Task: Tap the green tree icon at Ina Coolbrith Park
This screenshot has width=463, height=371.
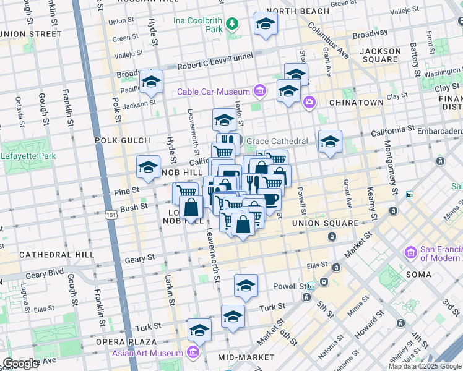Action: coord(231,24)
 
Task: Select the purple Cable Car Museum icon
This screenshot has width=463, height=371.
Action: coord(259,92)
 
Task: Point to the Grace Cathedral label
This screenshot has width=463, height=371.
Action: coord(277,141)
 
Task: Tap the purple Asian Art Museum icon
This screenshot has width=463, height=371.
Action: coord(193,353)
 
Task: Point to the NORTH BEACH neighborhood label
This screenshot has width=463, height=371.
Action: coord(295,12)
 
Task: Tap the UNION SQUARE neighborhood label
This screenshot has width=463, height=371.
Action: coord(325,223)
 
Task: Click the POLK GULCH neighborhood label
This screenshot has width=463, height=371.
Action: coord(119,140)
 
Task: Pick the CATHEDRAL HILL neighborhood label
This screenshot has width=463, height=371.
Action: coord(56,254)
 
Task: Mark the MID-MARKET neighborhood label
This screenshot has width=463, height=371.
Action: coord(246,357)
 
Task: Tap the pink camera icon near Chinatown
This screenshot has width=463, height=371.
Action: coord(308,102)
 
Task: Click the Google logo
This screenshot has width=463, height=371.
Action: coord(20,364)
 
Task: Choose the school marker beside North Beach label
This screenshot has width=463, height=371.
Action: coord(266,25)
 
